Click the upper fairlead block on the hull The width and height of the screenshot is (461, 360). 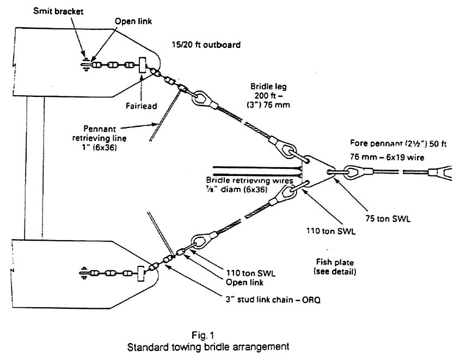143,66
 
